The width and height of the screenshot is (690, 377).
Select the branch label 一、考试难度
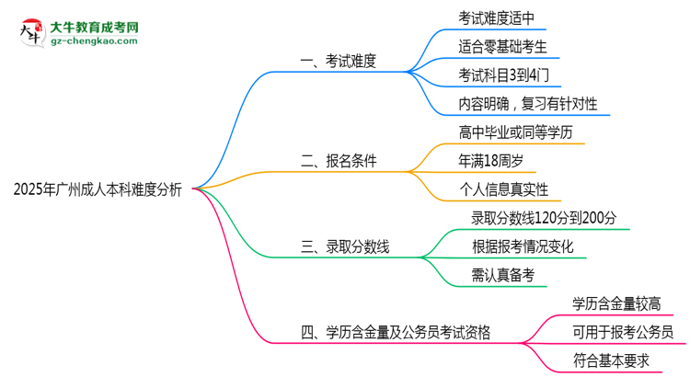[x=339, y=63]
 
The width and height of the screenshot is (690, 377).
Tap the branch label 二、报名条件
[x=339, y=161]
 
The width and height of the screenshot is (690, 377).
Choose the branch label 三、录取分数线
[x=345, y=246]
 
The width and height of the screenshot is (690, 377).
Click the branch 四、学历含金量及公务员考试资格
[x=396, y=331]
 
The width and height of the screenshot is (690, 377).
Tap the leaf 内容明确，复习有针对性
[x=527, y=104]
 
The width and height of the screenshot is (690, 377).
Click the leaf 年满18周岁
[x=490, y=161]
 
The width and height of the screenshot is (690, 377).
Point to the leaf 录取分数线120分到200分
[x=544, y=218]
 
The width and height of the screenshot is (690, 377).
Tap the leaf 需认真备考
[x=502, y=274]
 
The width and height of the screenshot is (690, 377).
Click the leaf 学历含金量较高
[x=615, y=303]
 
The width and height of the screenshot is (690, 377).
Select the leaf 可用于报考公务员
[x=622, y=332]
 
